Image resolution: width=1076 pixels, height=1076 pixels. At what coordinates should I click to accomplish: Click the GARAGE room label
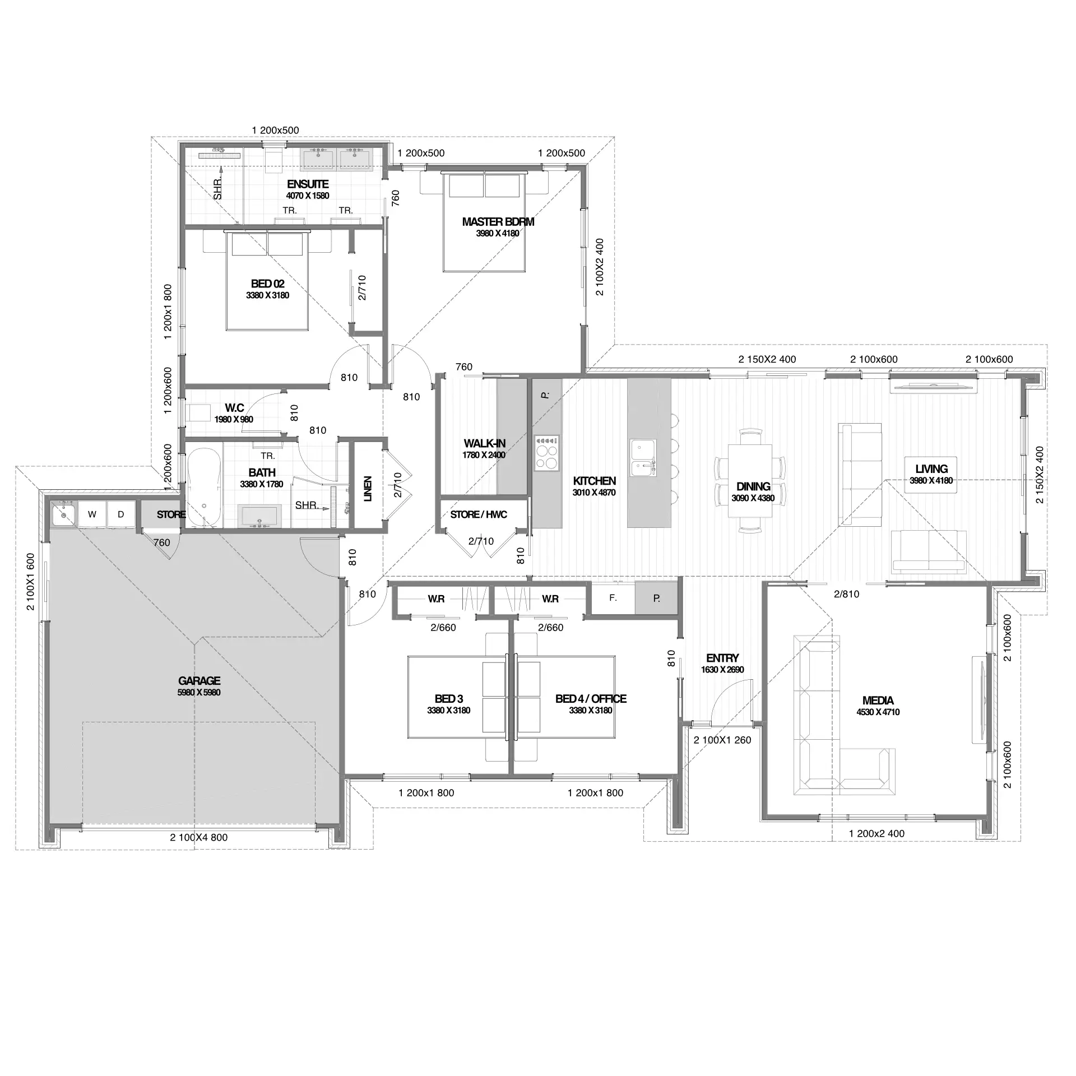(x=199, y=680)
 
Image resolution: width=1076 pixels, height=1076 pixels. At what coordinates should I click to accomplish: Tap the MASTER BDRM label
(x=498, y=221)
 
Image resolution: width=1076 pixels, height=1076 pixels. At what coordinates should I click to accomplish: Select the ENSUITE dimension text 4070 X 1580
(x=307, y=196)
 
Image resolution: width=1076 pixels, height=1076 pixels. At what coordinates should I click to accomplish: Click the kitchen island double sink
(x=643, y=457)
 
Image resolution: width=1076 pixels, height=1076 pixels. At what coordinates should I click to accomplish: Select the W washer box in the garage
(x=92, y=514)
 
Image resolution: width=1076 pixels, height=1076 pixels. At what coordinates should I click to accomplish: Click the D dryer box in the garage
(x=120, y=514)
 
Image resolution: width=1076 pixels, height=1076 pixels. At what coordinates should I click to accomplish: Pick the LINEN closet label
(x=368, y=489)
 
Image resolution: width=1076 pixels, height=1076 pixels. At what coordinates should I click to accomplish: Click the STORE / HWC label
(x=479, y=514)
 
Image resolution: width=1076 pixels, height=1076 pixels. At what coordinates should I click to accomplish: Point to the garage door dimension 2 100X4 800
(x=199, y=837)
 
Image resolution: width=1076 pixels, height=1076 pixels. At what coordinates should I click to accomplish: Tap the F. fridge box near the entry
(x=613, y=598)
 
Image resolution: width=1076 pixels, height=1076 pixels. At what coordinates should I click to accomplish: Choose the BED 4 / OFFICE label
(x=591, y=698)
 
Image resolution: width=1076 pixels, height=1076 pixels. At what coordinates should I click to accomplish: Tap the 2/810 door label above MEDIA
(x=846, y=594)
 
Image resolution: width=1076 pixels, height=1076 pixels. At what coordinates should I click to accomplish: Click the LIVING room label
(x=931, y=469)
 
